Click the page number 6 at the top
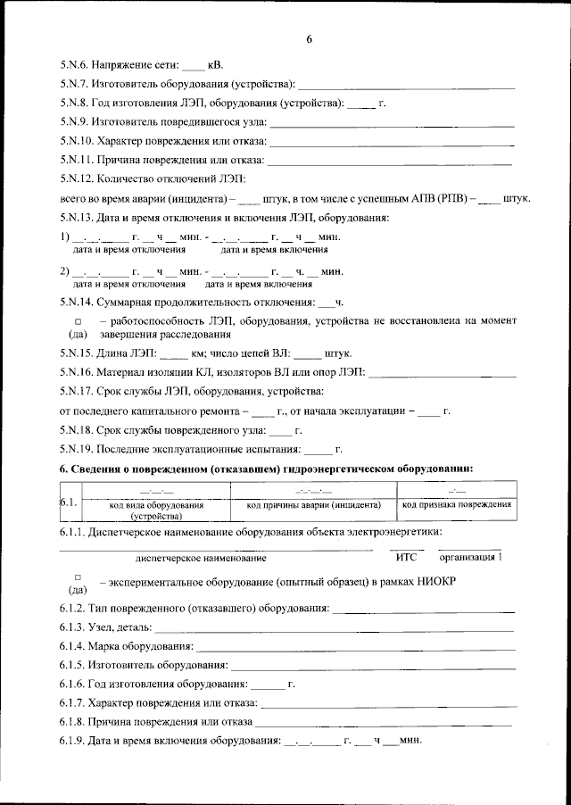click(x=309, y=39)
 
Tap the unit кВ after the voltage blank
click(x=215, y=65)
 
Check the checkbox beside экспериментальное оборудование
click(x=78, y=577)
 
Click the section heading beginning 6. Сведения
click(x=265, y=469)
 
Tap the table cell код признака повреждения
click(x=456, y=505)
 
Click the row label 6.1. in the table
click(x=69, y=503)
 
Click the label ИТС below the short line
click(x=406, y=557)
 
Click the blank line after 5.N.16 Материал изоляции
click(x=443, y=375)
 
